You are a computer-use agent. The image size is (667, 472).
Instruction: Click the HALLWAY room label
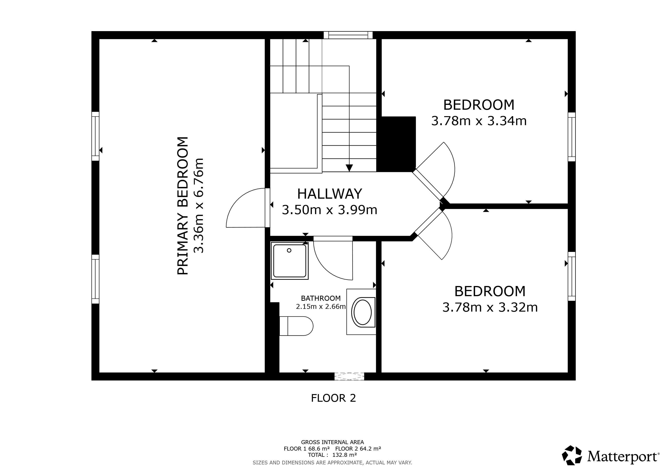point(330,194)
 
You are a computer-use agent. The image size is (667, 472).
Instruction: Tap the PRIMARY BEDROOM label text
point(183,206)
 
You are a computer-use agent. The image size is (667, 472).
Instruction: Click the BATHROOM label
point(321,298)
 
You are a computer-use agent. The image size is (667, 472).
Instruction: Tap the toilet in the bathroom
point(296,326)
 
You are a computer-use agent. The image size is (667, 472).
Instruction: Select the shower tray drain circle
point(289,250)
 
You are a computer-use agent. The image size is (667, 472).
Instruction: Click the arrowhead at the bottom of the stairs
point(349,168)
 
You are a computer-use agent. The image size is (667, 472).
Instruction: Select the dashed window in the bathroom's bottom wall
point(349,376)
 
